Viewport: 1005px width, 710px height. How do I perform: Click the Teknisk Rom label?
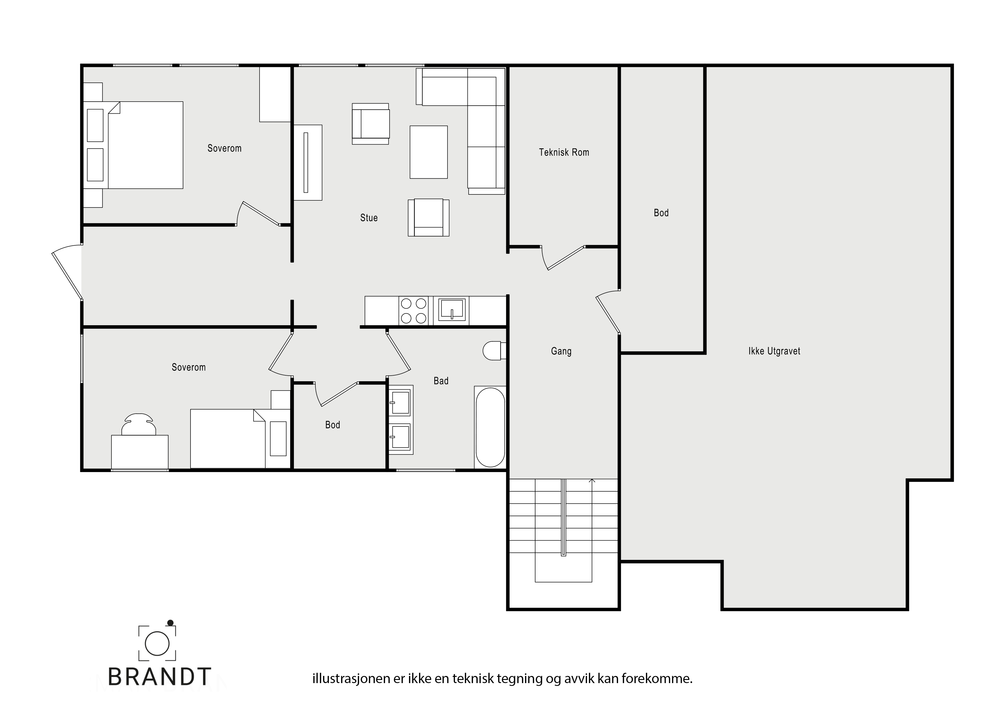pos(564,152)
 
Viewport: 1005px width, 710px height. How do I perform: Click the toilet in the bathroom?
pos(494,351)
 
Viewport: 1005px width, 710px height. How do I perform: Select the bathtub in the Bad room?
pos(490,427)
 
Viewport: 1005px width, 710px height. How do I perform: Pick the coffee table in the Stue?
pos(429,152)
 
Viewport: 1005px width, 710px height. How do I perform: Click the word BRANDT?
pos(159,677)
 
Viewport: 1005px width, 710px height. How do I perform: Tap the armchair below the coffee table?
pos(429,217)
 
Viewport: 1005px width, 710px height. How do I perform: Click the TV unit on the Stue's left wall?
pos(308,163)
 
